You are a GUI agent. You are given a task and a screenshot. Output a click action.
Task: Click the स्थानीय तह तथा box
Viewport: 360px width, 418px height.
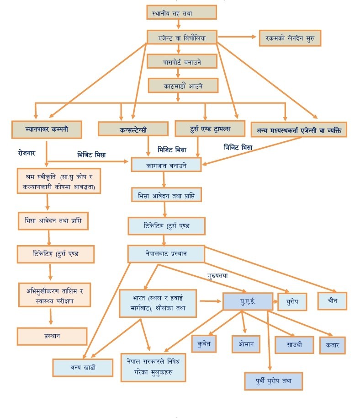(181, 13)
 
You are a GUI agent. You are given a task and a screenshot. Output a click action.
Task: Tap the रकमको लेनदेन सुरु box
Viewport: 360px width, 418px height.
(290, 38)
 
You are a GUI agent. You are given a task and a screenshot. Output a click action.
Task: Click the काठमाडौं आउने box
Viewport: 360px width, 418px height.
(183, 86)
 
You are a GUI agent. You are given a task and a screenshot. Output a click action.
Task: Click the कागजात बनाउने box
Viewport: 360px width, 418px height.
(166, 165)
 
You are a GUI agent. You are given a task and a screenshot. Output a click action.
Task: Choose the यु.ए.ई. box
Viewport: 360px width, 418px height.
(248, 301)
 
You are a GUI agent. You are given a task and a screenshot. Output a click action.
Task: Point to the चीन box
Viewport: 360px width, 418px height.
(332, 300)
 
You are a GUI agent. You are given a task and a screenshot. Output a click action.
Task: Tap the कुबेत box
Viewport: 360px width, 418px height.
(204, 343)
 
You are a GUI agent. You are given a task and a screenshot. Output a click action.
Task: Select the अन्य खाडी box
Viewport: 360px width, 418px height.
(83, 367)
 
